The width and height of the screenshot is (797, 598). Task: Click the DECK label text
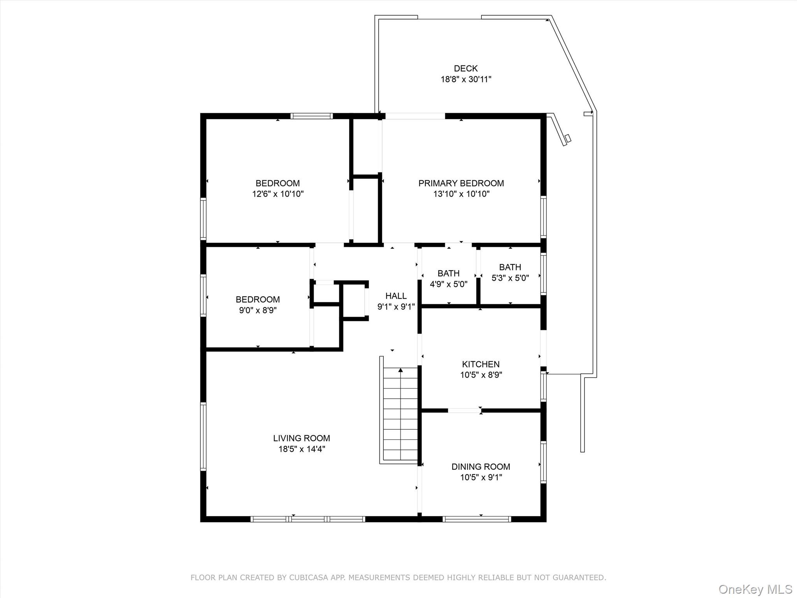(465, 69)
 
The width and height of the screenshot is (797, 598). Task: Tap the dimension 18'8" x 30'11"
(465, 79)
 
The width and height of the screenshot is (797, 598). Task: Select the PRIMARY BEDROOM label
(461, 183)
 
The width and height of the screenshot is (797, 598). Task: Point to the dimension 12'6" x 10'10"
(277, 194)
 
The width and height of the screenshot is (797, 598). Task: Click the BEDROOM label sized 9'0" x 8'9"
(257, 299)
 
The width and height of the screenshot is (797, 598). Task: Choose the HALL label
(396, 296)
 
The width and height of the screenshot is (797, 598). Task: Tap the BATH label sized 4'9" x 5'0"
(448, 273)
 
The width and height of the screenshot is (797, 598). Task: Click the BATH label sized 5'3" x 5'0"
(510, 267)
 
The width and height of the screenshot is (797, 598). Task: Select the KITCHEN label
(481, 364)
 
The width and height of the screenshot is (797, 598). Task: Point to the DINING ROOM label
(481, 466)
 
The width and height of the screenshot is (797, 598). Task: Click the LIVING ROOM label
(301, 438)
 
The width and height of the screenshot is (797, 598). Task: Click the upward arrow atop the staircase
(400, 370)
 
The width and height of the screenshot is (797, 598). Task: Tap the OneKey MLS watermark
(755, 589)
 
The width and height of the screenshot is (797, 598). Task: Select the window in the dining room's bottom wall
(477, 519)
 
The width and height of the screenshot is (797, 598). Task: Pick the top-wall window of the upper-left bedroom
(311, 116)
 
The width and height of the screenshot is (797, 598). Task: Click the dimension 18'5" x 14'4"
(301, 449)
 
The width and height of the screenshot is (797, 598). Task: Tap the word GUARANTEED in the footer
(579, 577)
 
